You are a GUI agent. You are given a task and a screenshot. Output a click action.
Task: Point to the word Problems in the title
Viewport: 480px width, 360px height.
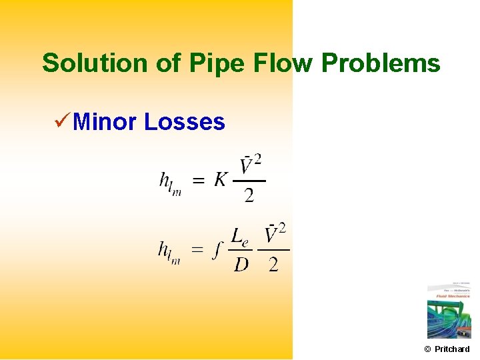pyautogui.click(x=381, y=63)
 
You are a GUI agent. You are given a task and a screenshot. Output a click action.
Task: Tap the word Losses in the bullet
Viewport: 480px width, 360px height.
pyautogui.click(x=185, y=122)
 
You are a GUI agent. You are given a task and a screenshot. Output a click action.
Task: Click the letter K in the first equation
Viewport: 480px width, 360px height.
pyautogui.click(x=221, y=179)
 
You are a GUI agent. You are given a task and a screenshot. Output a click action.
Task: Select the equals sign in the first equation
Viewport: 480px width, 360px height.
pyautogui.click(x=199, y=181)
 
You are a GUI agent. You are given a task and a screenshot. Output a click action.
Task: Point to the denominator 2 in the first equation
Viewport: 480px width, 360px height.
pyautogui.click(x=249, y=195)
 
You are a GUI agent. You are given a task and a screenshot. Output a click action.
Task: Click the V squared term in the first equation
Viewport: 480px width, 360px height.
pyautogui.click(x=251, y=165)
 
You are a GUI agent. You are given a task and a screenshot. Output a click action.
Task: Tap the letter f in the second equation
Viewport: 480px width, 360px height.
pyautogui.click(x=217, y=250)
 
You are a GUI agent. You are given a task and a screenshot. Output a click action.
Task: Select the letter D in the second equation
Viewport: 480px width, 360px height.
pyautogui.click(x=241, y=265)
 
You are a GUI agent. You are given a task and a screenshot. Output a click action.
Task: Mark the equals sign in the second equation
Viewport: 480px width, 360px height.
pyautogui.click(x=197, y=251)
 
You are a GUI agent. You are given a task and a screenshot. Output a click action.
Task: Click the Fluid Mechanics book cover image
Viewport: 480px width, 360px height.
pyautogui.click(x=448, y=312)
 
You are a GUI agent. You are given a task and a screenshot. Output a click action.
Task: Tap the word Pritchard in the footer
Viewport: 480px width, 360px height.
pyautogui.click(x=452, y=349)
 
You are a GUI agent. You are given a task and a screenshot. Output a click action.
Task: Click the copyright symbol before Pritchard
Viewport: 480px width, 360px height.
pyautogui.click(x=427, y=349)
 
